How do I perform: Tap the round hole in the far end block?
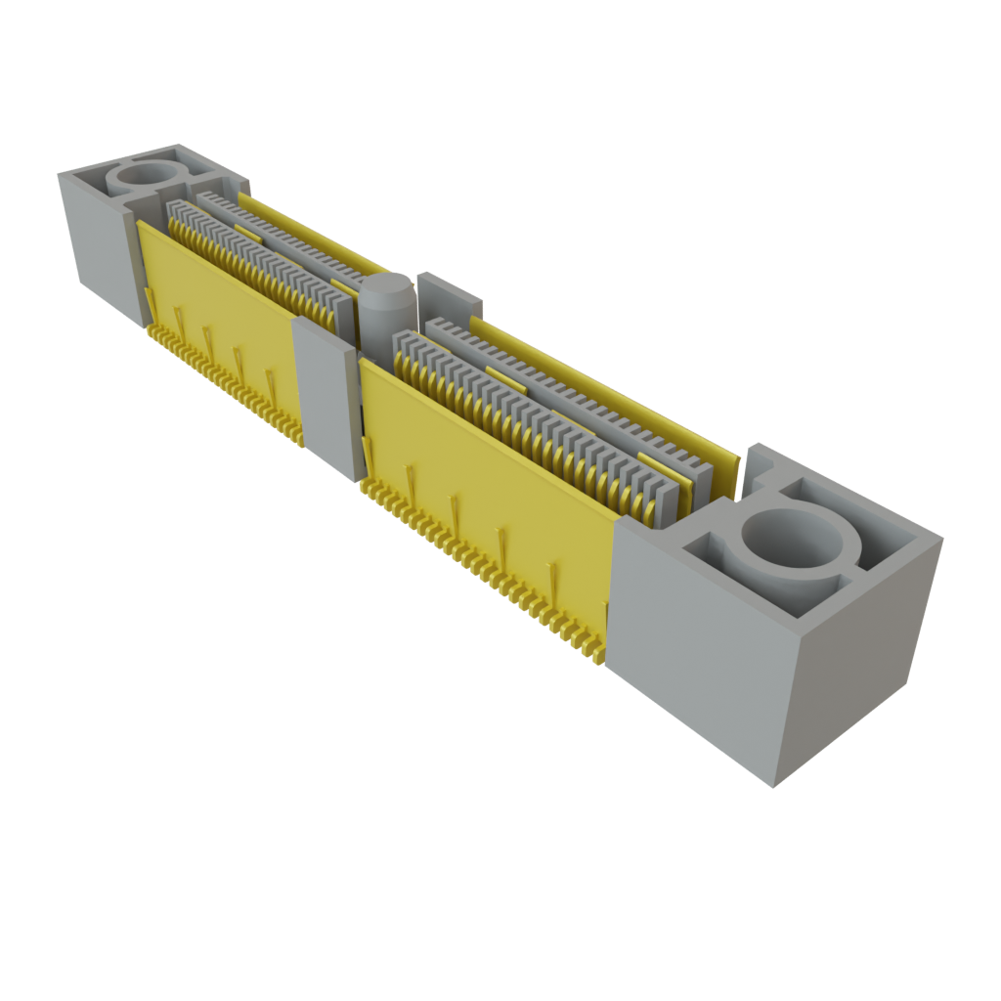[x=147, y=176]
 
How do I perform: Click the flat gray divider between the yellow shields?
[x=328, y=391]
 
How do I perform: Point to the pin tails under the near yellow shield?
[x=489, y=567]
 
